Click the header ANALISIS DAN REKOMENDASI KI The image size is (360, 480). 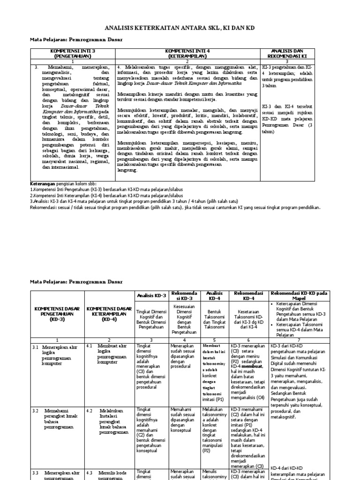[288, 52]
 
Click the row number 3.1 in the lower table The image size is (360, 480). [35, 346]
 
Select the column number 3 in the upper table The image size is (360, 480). [288, 61]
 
